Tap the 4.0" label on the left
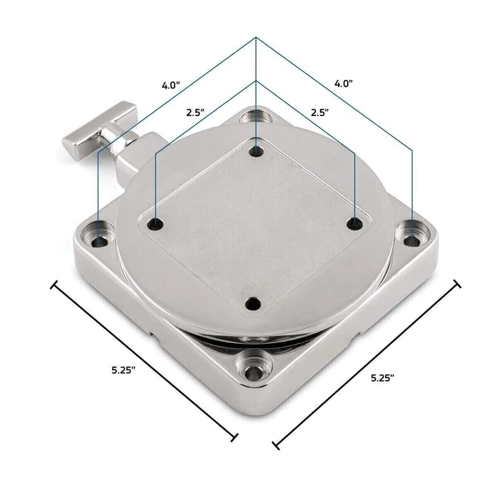click(x=171, y=85)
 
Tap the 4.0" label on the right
click(x=344, y=83)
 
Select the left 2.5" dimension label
click(x=195, y=112)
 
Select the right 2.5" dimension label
click(x=319, y=112)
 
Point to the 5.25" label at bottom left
click(x=124, y=370)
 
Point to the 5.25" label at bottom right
click(x=383, y=378)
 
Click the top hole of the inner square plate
click(x=256, y=151)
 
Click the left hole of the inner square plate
click(x=156, y=225)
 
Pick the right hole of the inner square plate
click(x=355, y=224)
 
